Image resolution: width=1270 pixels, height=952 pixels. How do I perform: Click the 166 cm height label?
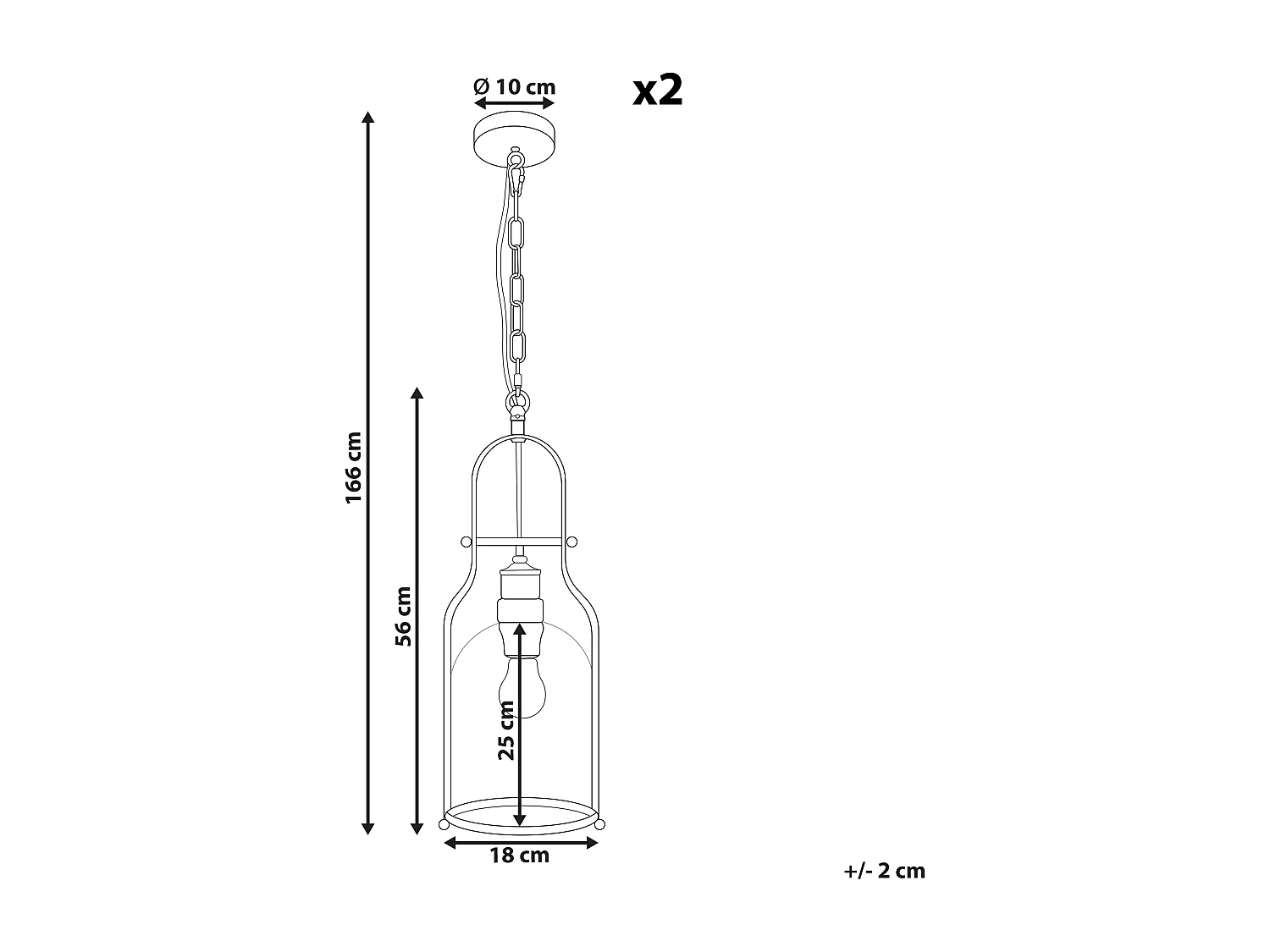click(x=354, y=468)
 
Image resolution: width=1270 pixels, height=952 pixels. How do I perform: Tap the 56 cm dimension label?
click(x=404, y=616)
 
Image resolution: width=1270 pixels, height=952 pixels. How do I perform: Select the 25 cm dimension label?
click(x=506, y=730)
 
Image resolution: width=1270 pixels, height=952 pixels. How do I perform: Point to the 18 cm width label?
click(x=519, y=856)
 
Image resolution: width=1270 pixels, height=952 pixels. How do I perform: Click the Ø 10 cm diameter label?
click(x=514, y=86)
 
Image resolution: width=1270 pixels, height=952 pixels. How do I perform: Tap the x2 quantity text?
click(x=658, y=90)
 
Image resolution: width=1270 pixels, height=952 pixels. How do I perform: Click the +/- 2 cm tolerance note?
click(x=884, y=871)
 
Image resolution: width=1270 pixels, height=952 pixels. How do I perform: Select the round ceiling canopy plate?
click(x=515, y=132)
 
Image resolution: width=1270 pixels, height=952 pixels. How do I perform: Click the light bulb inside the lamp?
click(x=522, y=685)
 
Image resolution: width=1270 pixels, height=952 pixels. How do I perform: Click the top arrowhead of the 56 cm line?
click(x=417, y=393)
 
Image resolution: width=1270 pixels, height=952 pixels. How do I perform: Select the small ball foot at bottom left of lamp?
click(x=444, y=823)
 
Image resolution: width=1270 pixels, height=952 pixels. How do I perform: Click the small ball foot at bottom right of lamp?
click(x=599, y=823)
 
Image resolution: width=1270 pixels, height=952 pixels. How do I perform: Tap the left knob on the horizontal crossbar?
click(x=464, y=542)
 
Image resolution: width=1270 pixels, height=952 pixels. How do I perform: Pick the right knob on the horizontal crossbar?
click(x=572, y=542)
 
